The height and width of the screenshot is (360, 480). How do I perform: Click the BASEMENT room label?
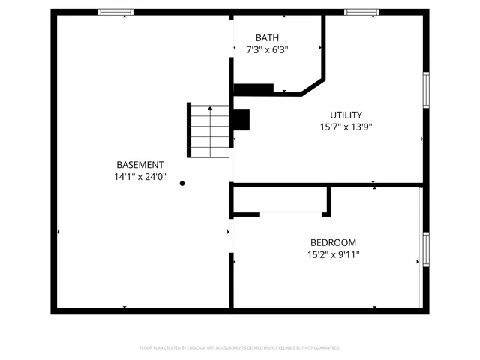coord(139,165)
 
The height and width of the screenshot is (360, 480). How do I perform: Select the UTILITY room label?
coord(346,115)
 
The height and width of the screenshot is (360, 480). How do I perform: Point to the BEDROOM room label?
coord(333,242)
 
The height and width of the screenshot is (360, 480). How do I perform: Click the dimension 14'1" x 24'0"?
coord(139,178)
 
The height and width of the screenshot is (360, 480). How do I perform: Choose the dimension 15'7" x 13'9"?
coord(346,127)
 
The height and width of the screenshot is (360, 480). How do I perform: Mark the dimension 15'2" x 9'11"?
coord(333,254)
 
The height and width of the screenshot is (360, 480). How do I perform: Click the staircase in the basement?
coord(208,131)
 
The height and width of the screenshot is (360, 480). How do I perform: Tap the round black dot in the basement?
coord(181,182)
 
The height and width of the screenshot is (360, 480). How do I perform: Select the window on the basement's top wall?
coord(115,12)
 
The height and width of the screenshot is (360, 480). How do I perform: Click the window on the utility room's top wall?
coord(361,12)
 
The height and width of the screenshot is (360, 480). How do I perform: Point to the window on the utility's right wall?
coord(426,91)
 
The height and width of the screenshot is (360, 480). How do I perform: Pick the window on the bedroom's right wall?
coord(426,249)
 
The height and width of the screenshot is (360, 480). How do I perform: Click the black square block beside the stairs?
coord(241,120)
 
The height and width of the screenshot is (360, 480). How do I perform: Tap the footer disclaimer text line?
coord(240,348)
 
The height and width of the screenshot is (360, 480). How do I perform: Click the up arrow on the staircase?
coord(210,109)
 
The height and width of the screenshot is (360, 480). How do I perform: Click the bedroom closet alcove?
coord(280,200)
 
